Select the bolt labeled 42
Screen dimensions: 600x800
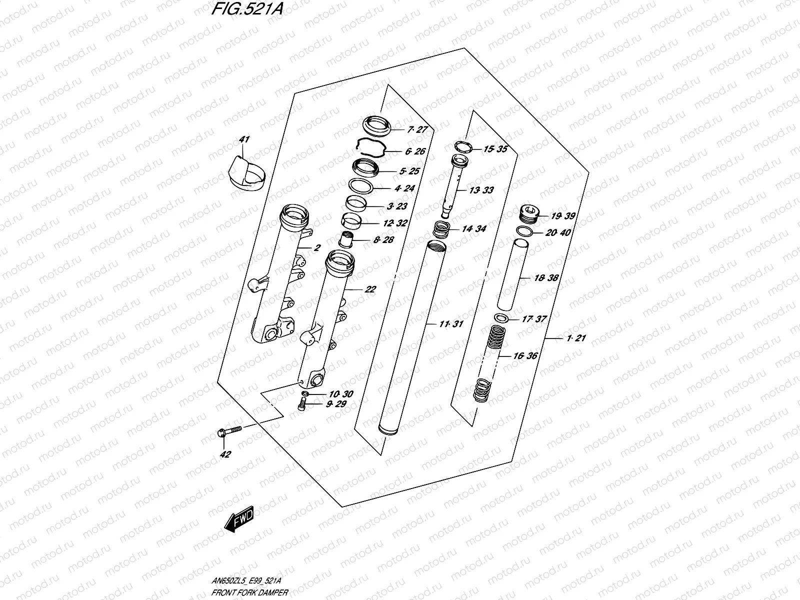(228, 431)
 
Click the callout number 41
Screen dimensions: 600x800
(244, 139)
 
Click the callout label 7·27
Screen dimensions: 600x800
(417, 129)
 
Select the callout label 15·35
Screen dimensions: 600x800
(495, 149)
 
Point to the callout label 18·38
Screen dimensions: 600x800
(546, 278)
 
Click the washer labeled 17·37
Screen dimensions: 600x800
(501, 318)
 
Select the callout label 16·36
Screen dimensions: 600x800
(525, 356)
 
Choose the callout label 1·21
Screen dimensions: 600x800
(576, 338)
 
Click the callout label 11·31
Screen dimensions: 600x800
(451, 324)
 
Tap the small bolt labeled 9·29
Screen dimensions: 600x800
(301, 406)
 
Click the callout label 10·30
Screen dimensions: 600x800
(341, 394)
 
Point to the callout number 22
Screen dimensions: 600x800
(370, 289)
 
